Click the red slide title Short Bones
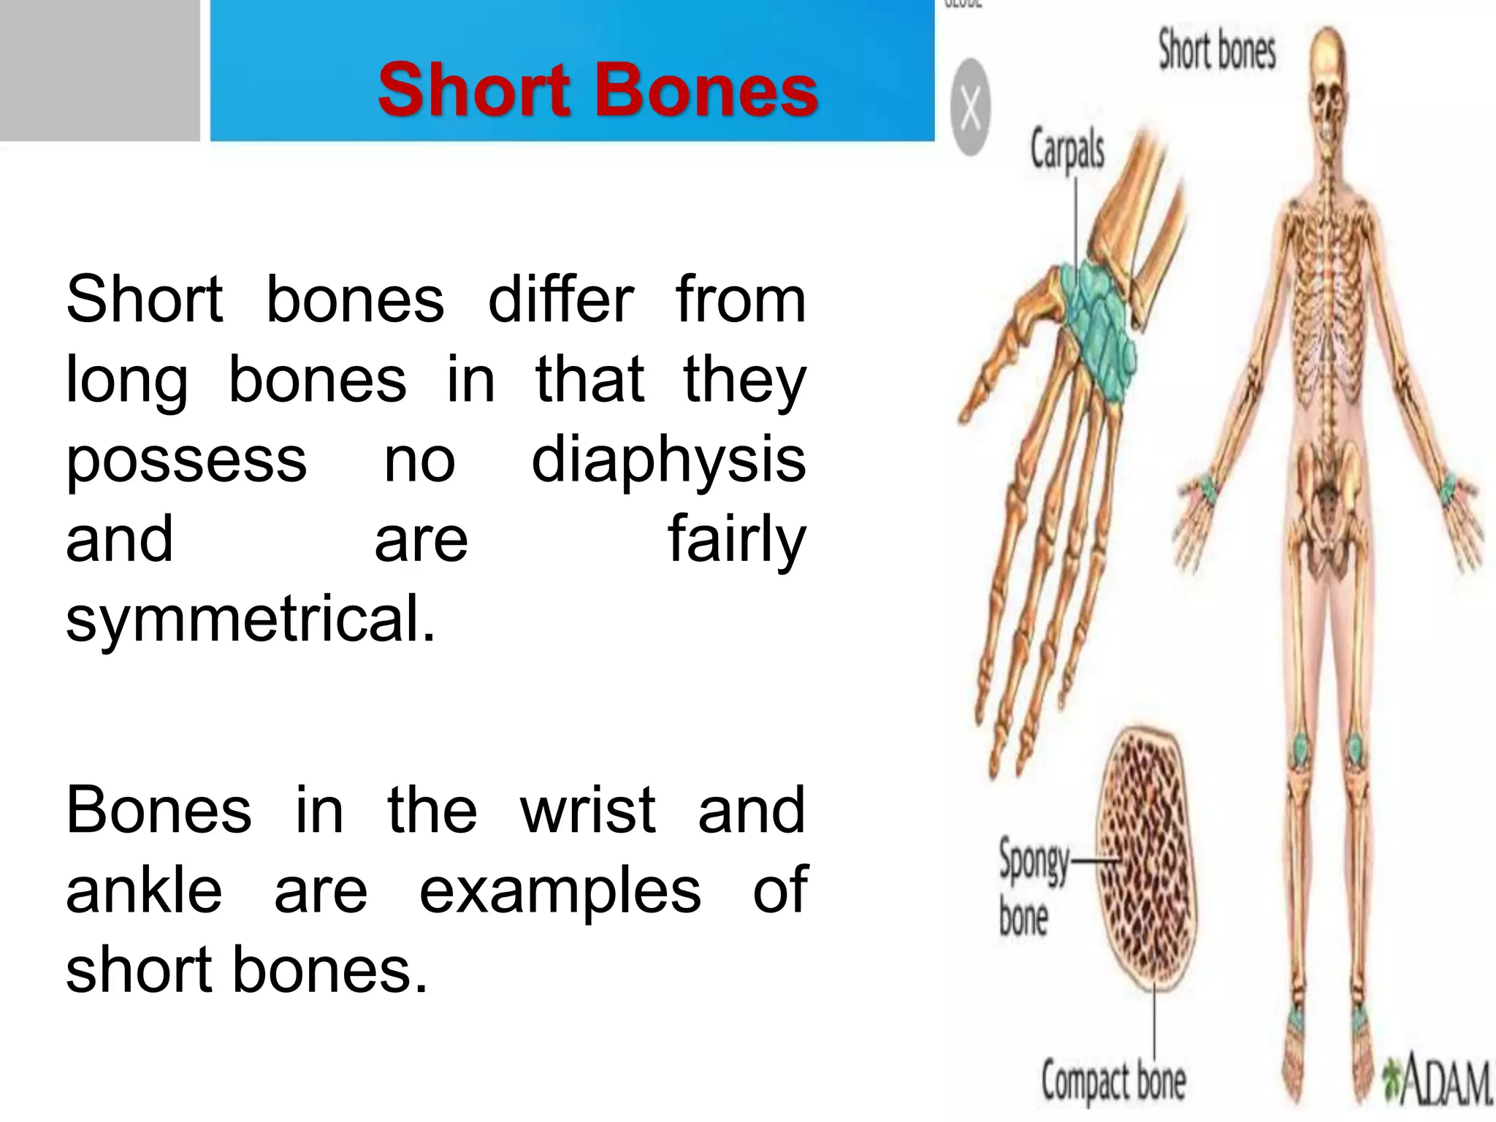click(598, 90)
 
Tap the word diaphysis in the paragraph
click(668, 460)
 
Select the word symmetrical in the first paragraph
click(250, 619)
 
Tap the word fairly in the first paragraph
click(736, 541)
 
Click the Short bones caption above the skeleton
click(1217, 50)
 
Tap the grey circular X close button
click(971, 107)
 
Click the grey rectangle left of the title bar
click(99, 70)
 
